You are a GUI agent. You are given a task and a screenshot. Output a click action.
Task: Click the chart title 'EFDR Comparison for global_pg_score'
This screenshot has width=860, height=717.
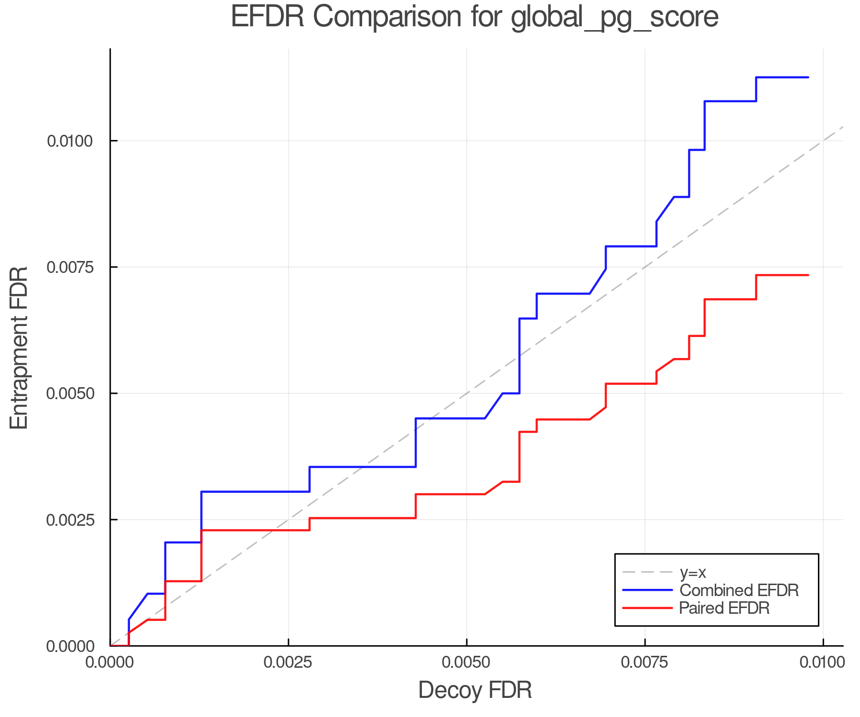[474, 17]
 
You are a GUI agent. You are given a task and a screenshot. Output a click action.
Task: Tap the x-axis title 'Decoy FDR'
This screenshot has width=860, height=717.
[475, 690]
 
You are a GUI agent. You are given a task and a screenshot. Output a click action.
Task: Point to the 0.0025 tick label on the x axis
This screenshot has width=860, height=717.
[288, 663]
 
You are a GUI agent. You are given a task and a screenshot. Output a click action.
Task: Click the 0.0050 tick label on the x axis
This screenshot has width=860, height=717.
[466, 663]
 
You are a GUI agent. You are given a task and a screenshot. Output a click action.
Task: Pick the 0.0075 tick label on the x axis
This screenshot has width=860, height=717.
[645, 663]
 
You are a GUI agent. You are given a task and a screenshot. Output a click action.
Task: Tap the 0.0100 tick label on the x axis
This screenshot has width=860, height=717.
[823, 663]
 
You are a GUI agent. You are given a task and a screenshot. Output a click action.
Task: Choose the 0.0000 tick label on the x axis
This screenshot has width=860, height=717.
[110, 663]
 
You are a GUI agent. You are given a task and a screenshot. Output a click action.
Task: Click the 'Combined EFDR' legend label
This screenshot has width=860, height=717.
[739, 590]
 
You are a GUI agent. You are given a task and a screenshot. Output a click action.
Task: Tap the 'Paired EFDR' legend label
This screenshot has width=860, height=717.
[724, 608]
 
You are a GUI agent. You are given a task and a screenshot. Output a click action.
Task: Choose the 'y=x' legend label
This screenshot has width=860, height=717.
[692, 572]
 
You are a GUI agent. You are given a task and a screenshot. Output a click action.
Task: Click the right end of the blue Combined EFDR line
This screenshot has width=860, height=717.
[808, 77]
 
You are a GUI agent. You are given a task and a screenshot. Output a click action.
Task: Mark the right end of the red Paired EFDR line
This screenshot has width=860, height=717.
[808, 275]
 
